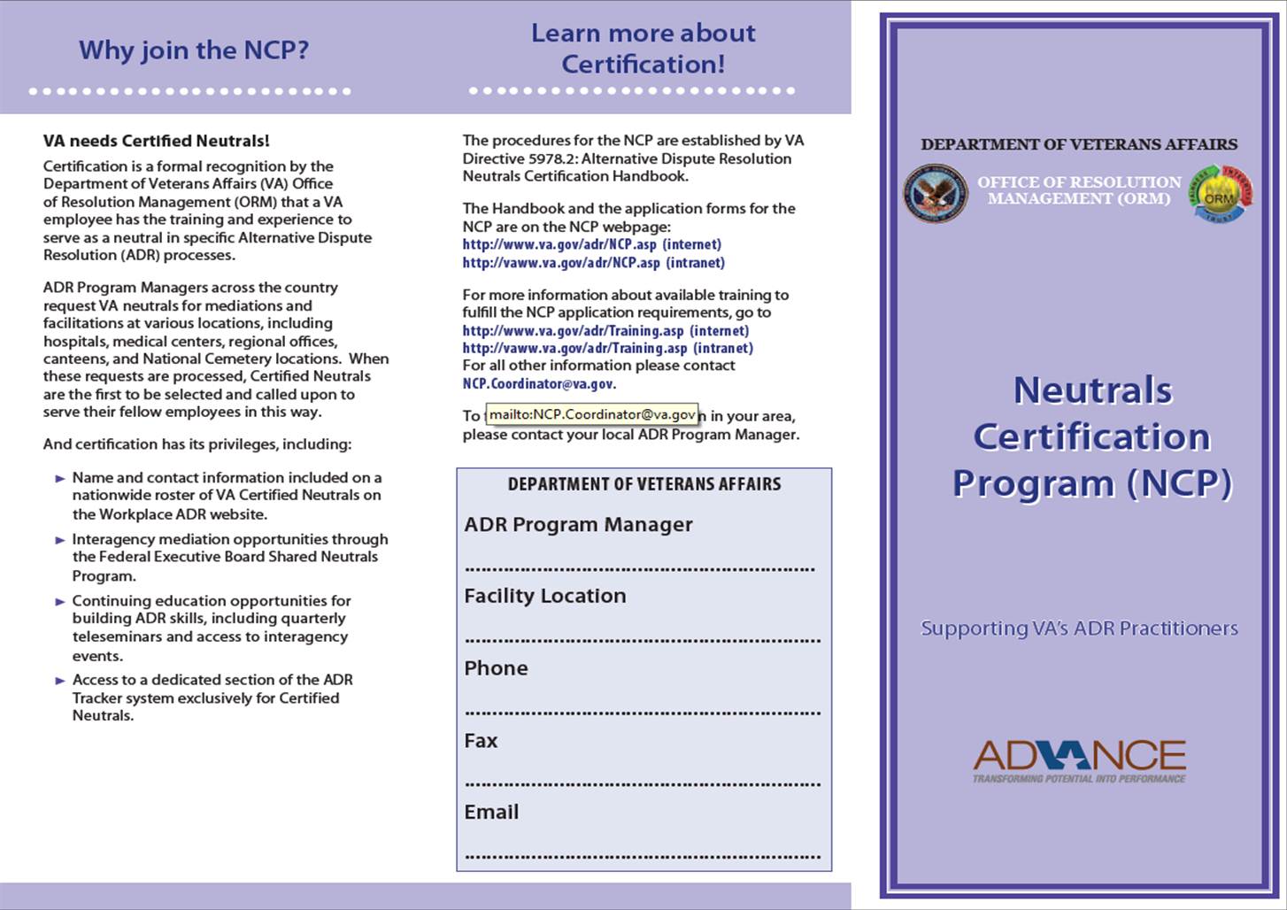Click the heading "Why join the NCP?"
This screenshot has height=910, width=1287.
coord(194,50)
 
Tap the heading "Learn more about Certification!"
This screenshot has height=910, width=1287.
coord(643,49)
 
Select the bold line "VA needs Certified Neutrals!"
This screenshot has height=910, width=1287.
coord(156,141)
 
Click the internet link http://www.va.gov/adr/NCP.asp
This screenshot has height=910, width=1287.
coord(559,244)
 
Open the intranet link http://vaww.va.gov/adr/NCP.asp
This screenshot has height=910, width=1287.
coord(561,263)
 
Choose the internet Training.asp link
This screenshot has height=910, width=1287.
coord(573,331)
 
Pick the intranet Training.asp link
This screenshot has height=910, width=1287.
coord(574,348)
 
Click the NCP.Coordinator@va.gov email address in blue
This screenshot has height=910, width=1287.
coord(537,384)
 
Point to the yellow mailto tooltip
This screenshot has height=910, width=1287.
coord(592,414)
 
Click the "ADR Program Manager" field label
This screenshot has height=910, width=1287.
coord(578,525)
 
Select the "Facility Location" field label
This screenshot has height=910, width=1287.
coord(544,597)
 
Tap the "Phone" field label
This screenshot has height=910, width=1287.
coord(496,668)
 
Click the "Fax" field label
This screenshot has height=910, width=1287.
coord(481,741)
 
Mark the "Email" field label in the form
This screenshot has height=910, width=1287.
coord(491,813)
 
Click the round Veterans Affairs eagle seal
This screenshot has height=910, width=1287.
coord(935,194)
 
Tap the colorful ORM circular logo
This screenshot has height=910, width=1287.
coord(1220,194)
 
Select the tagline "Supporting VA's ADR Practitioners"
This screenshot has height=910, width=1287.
coord(1079,629)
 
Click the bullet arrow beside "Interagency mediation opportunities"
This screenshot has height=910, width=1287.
coord(60,540)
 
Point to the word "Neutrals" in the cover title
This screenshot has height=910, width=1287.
coord(1092,390)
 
